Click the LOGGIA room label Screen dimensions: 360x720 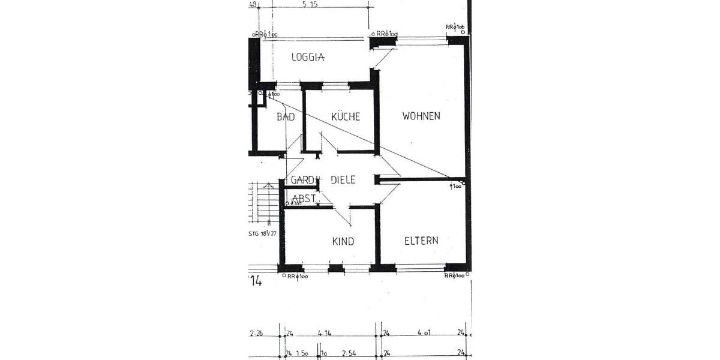click(308, 58)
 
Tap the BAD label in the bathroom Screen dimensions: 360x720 click(286, 117)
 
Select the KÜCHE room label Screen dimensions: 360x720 click(345, 116)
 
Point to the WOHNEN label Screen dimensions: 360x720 click(421, 116)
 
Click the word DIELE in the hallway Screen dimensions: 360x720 click(343, 179)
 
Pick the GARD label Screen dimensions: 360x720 click(303, 179)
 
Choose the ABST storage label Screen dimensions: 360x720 click(304, 199)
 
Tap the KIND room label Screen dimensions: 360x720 click(343, 241)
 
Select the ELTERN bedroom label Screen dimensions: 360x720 click(421, 241)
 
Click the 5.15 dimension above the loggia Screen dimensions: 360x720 click(310, 5)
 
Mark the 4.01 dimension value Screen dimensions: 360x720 click(421, 333)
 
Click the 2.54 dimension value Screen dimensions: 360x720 click(349, 353)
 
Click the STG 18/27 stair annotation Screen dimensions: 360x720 click(262, 234)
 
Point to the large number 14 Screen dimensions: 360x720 click(256, 281)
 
